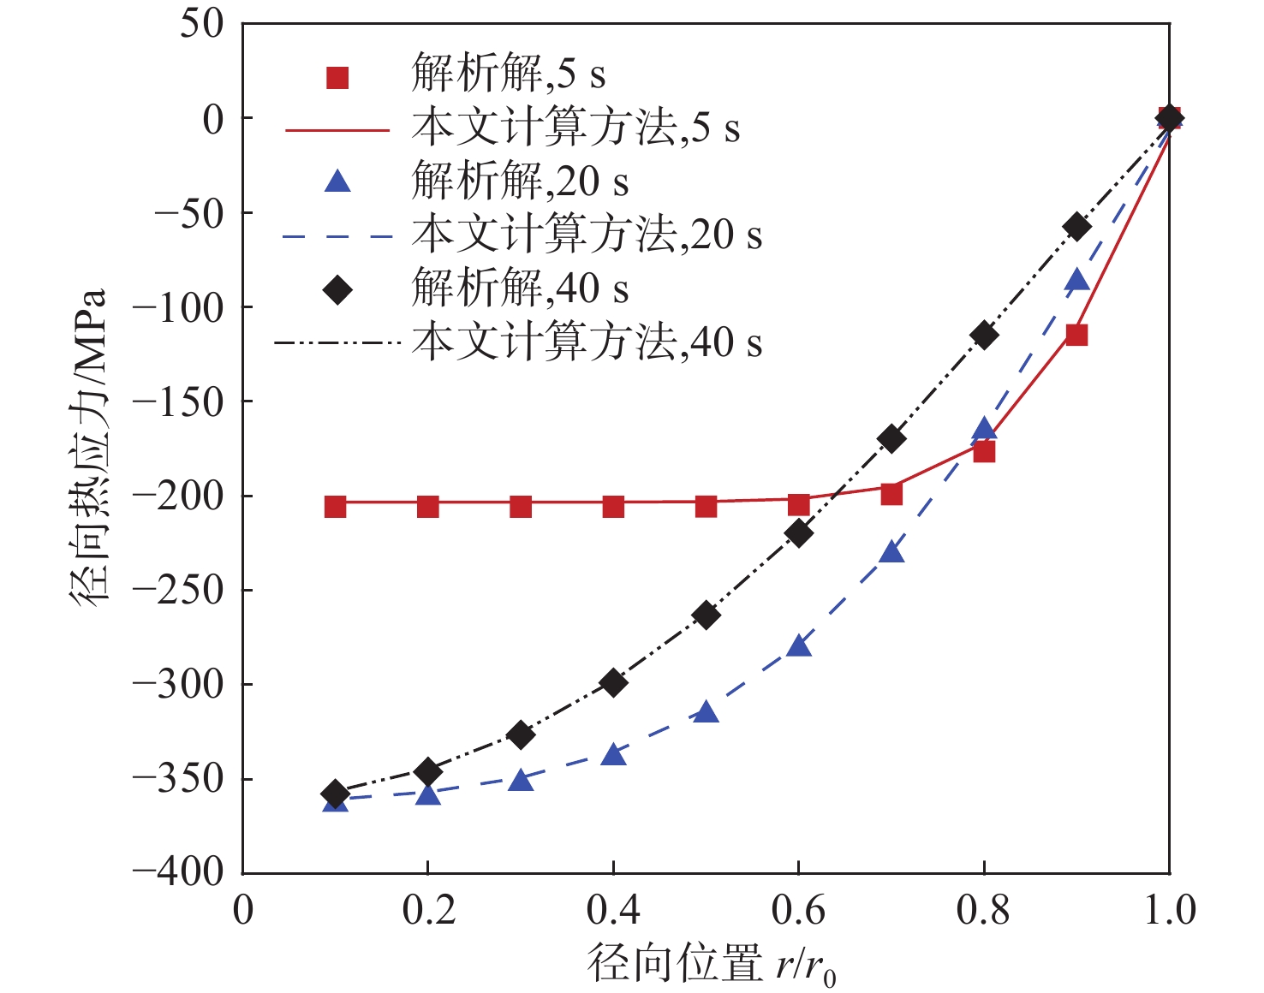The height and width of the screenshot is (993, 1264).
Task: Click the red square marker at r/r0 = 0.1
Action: pos(335,507)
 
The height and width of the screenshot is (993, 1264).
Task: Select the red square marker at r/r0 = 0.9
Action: pos(1076,335)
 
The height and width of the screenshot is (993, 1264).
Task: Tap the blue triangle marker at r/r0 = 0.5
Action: pos(706,712)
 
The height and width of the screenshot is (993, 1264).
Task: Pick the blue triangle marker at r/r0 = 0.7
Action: pos(891,552)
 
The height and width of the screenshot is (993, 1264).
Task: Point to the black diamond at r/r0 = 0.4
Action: pos(613,683)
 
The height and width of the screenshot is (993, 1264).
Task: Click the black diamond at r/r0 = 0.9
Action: pos(1076,227)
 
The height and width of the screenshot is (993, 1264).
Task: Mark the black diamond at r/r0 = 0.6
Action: pos(798,533)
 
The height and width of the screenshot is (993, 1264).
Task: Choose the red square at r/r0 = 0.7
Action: pos(891,494)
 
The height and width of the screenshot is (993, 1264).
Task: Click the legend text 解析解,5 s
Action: pos(509,74)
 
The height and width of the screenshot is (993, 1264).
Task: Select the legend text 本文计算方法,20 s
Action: pos(587,235)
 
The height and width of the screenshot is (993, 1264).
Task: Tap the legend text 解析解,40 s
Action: pos(520,288)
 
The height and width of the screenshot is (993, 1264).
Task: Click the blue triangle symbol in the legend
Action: pos(338,181)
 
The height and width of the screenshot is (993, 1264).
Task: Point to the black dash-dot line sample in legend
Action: pos(337,343)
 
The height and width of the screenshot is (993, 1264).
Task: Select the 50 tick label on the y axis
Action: pos(202,24)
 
